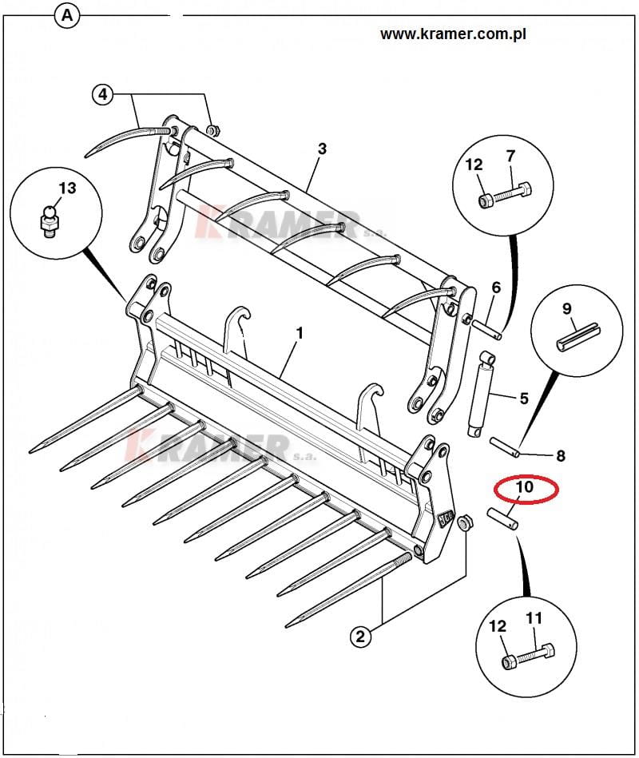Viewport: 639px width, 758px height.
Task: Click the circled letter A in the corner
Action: tap(68, 15)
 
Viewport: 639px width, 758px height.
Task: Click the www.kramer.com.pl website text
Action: tap(453, 34)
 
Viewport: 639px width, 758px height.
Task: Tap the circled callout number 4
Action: tap(102, 94)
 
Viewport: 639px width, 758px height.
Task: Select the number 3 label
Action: tap(322, 149)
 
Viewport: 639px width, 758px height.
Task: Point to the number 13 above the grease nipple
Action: tap(67, 188)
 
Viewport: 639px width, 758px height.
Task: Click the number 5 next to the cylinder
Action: tap(524, 397)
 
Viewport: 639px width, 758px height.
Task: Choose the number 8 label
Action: tap(560, 456)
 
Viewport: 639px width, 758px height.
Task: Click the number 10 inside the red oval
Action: tap(524, 487)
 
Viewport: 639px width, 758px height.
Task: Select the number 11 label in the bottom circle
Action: tap(534, 617)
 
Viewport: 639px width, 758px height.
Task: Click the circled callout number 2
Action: tap(360, 636)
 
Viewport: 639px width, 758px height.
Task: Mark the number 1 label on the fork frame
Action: tap(300, 332)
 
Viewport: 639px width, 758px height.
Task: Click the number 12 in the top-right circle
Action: tap(474, 165)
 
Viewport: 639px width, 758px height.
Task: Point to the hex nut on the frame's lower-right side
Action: tap(464, 523)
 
